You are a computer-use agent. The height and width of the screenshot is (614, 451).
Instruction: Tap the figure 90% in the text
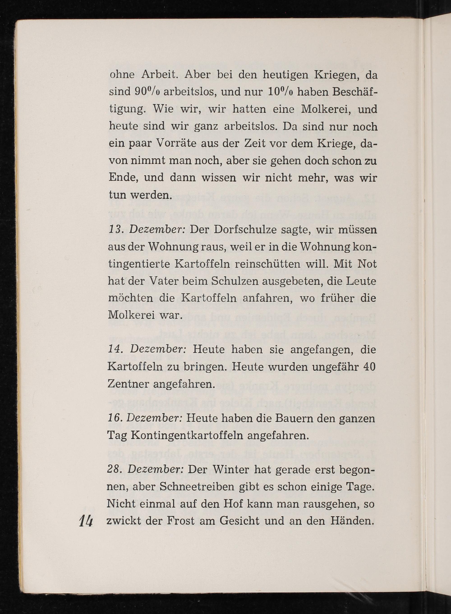click(x=148, y=92)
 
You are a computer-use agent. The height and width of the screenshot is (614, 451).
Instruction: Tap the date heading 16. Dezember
click(x=145, y=418)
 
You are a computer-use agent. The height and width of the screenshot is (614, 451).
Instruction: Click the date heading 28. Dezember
click(x=145, y=469)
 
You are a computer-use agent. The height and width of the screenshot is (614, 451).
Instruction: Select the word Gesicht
click(x=239, y=521)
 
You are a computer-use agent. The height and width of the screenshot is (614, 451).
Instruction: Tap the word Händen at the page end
click(x=352, y=521)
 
